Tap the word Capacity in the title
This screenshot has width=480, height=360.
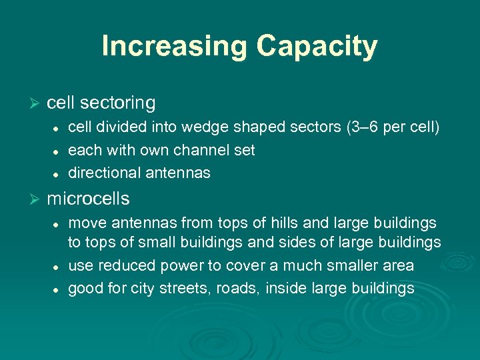click(317, 46)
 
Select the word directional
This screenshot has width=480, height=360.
click(101, 173)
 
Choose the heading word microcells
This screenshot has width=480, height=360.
click(88, 199)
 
